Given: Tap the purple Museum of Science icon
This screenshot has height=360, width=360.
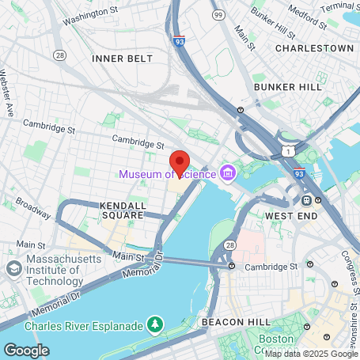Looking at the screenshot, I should point(228,172).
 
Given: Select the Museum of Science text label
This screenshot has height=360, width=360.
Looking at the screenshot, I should point(168,174).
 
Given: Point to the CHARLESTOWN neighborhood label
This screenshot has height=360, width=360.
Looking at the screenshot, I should point(314,48).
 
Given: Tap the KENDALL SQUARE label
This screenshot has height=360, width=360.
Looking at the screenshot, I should point(123,210).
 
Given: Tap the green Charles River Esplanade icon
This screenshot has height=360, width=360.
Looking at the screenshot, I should point(155,325).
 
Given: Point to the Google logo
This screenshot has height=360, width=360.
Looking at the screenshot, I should point(25,350).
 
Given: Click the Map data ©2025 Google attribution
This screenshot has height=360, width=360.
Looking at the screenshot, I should point(311,354).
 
